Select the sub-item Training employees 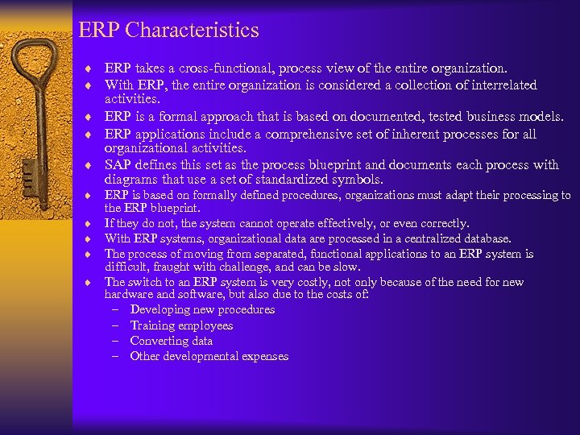181,325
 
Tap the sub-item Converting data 172,341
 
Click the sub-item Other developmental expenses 209,356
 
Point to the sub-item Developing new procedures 202,310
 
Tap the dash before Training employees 115,325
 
